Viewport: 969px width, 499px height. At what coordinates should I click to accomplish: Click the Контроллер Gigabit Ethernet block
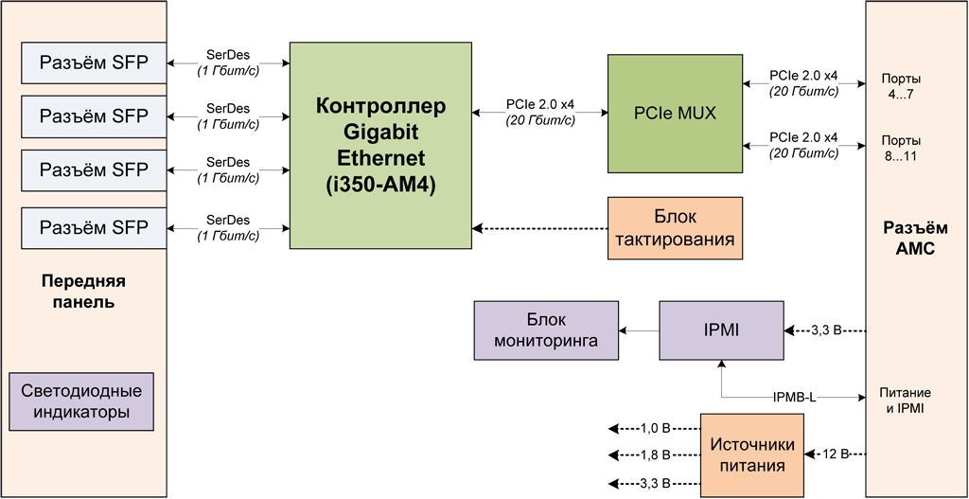379,145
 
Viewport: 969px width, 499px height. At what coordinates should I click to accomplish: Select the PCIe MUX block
674,114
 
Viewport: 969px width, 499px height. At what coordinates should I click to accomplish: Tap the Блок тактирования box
674,228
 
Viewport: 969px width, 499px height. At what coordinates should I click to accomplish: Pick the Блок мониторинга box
545,330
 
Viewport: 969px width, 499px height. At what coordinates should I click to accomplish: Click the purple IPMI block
721,330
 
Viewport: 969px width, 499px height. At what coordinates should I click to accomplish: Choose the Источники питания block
753,455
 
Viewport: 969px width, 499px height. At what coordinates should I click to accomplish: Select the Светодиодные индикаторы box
80,401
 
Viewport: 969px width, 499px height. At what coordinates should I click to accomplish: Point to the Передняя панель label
83,292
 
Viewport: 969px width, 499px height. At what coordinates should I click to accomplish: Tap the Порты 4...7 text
900,87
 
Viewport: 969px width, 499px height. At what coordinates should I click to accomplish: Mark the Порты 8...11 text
900,148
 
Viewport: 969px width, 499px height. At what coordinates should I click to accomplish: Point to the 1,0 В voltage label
655,428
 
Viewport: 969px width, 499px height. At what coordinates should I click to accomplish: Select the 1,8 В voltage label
655,455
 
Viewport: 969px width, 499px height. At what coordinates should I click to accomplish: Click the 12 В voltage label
836,454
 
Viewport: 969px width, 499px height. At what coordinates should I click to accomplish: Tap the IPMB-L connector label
795,397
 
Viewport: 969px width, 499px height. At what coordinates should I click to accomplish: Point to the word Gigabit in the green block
379,132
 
